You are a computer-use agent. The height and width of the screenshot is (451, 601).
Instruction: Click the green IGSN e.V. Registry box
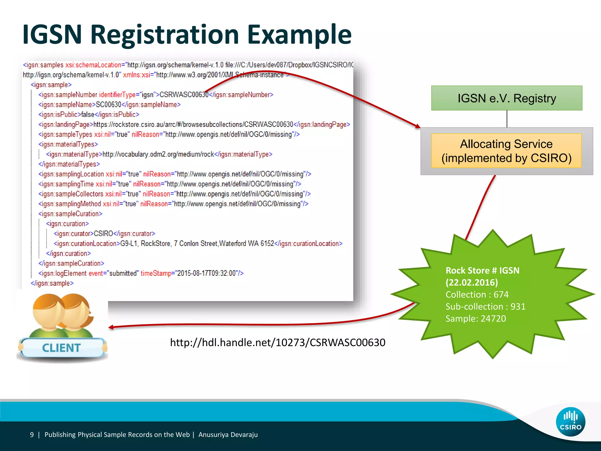[x=507, y=98]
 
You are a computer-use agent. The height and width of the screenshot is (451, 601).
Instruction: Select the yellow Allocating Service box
[x=506, y=151]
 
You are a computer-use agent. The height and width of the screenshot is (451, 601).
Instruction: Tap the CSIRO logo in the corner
[x=570, y=422]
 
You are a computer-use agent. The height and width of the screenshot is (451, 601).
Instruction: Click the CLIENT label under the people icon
[x=61, y=348]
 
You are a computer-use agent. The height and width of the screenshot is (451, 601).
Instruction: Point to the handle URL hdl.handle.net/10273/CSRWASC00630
[x=278, y=342]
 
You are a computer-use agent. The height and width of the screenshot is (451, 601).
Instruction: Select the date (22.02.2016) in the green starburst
[x=472, y=282]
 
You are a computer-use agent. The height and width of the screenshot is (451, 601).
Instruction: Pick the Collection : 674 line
[x=477, y=295]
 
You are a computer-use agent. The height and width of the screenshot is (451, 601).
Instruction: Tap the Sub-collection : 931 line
[x=485, y=307]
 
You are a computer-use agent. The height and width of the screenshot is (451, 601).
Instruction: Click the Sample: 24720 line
[x=476, y=319]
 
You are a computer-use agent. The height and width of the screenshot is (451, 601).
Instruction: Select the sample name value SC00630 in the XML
[x=109, y=105]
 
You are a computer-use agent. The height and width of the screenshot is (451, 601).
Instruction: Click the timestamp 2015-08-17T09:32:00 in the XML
[x=207, y=273]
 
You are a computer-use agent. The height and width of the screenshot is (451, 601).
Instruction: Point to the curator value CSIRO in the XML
[x=103, y=234]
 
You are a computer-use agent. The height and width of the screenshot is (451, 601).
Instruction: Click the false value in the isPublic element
[x=88, y=115]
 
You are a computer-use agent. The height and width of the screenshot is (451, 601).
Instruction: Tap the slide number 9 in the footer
[x=32, y=435]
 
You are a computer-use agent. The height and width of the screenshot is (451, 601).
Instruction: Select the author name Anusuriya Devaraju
[x=228, y=435]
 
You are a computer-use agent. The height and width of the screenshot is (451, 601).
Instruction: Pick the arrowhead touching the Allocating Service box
[x=417, y=126]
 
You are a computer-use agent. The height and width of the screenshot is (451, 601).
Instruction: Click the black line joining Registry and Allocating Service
[x=507, y=119]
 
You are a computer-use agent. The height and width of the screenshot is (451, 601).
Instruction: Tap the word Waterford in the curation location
[x=233, y=244]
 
